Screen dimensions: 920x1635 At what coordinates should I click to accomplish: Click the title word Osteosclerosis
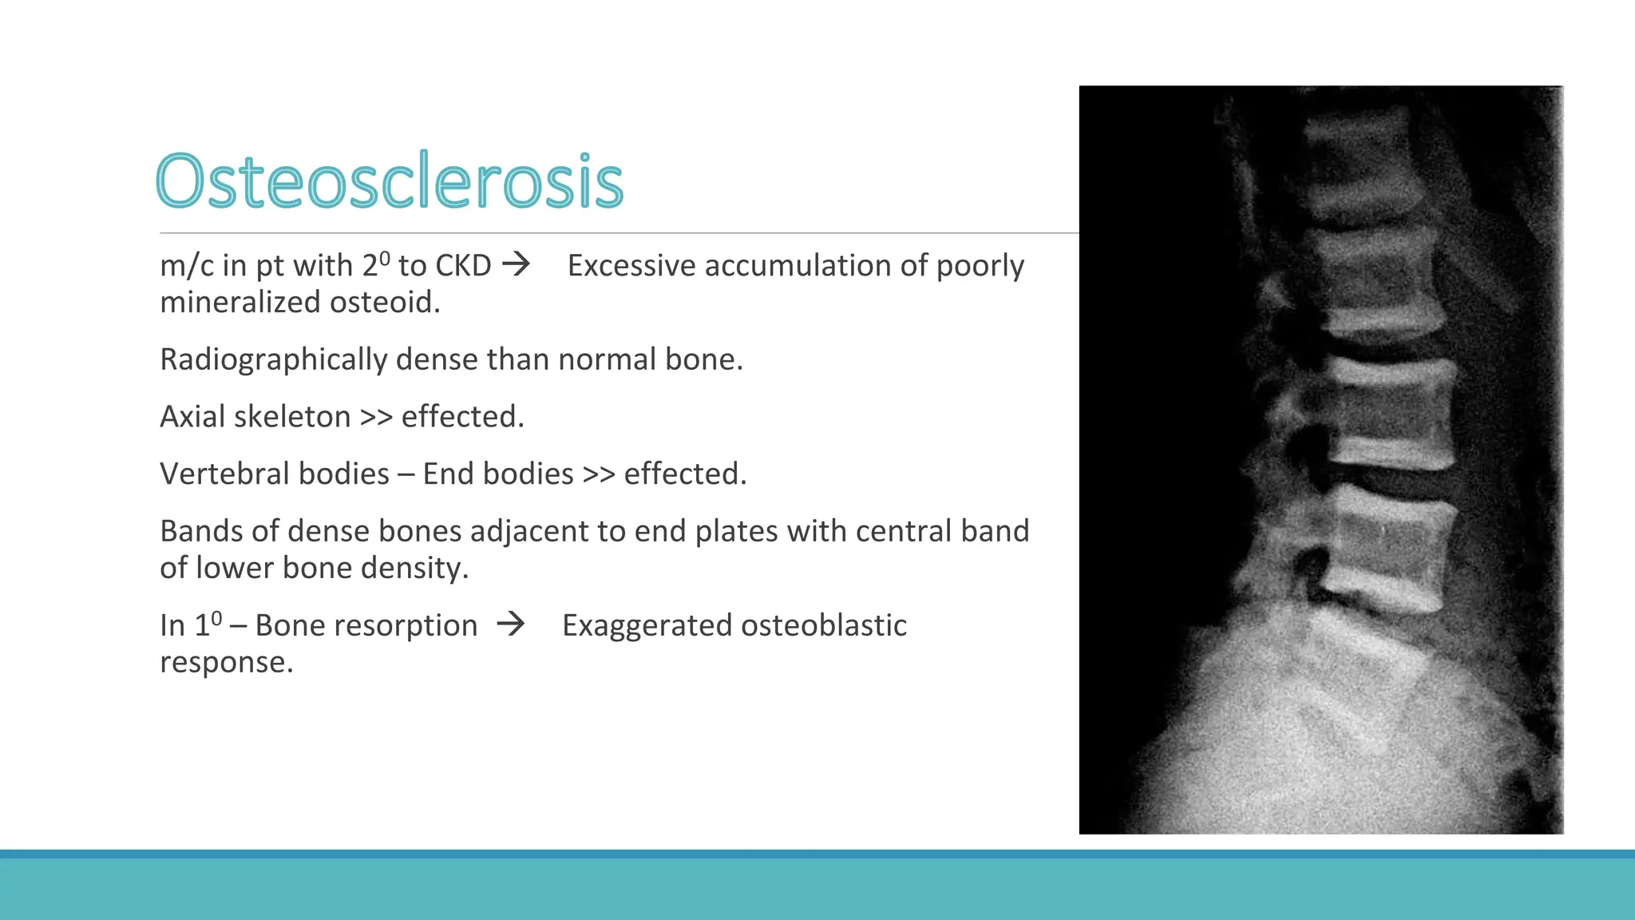(x=389, y=181)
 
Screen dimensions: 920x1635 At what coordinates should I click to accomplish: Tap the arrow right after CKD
(x=517, y=264)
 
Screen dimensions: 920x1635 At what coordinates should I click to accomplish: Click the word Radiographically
(x=273, y=360)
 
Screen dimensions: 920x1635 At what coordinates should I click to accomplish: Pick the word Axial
(x=192, y=417)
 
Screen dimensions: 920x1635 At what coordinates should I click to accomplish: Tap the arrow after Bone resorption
(x=511, y=624)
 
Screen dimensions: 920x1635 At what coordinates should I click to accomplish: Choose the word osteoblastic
(x=830, y=626)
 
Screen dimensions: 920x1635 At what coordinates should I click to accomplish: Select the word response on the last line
(x=226, y=663)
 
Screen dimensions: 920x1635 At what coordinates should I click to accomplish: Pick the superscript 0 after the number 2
(x=385, y=257)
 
